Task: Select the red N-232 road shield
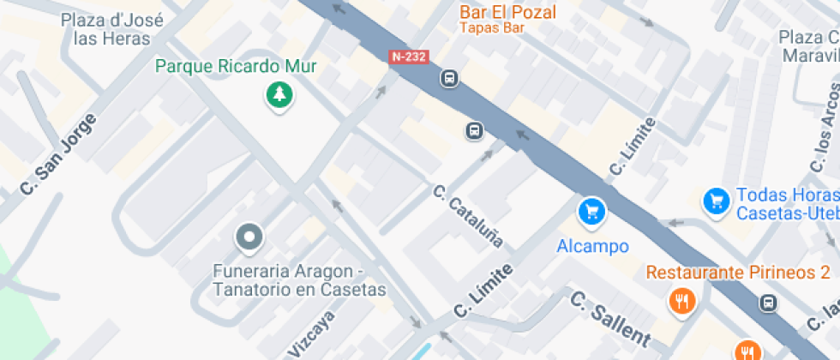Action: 409,57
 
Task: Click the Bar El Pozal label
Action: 507,12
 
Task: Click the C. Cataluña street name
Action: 468,216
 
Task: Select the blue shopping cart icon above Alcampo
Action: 591,211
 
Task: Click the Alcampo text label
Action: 592,247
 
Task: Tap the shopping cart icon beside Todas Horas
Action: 716,201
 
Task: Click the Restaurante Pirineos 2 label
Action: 737,273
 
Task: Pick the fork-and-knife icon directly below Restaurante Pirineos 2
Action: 682,301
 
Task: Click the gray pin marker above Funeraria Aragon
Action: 249,237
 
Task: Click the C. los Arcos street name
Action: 823,137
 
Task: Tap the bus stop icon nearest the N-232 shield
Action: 449,79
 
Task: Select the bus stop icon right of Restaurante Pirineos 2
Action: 769,303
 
